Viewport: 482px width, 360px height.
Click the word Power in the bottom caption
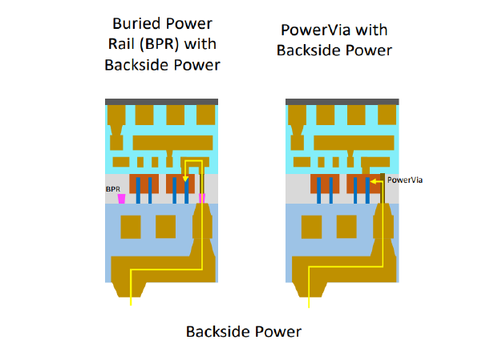[274, 331]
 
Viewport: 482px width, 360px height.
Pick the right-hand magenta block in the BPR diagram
[202, 197]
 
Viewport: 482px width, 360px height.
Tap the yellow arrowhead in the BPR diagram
[186, 179]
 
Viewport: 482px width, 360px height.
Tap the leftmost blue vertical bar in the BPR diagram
[138, 191]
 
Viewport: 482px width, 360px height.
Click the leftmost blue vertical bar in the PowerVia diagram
[318, 191]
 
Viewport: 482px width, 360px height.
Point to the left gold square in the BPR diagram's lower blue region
[130, 227]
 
